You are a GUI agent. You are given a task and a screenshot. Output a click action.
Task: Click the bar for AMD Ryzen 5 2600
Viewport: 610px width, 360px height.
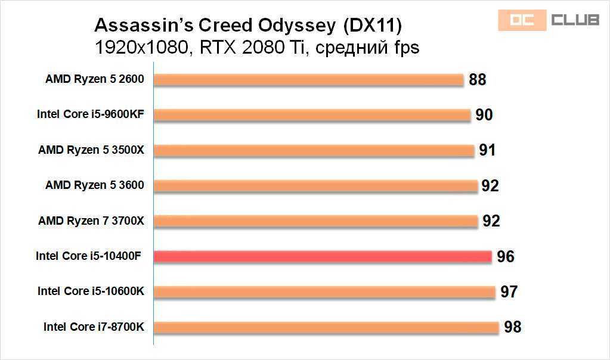309,79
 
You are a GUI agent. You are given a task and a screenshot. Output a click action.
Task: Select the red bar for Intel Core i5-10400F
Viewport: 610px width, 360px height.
323,256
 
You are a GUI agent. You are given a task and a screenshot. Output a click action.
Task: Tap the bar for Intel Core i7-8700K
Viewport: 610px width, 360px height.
326,327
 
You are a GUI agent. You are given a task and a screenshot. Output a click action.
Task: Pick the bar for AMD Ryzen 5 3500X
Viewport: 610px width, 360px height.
314,150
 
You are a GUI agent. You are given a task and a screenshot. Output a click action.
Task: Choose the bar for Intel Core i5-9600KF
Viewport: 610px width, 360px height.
312,114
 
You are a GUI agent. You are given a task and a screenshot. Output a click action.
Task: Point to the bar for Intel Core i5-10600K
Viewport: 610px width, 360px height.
324,292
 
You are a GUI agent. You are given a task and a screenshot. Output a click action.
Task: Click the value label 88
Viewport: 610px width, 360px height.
478,79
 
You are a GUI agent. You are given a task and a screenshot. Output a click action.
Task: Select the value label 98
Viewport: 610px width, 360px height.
512,327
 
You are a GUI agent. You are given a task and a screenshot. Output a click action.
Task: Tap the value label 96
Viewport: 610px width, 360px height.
506,256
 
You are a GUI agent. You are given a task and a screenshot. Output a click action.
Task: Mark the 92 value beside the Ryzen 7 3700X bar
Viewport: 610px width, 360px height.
491,221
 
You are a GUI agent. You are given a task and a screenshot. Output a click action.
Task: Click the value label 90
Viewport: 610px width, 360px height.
484,114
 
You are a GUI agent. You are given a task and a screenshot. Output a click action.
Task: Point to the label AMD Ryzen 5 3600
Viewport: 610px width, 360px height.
95,185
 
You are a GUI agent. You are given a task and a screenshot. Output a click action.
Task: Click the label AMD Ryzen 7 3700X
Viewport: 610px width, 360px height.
91,221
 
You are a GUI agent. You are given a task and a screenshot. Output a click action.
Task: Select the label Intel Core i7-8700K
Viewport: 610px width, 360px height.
94,327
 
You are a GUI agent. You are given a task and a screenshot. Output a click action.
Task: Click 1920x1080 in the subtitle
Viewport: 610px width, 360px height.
141,47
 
